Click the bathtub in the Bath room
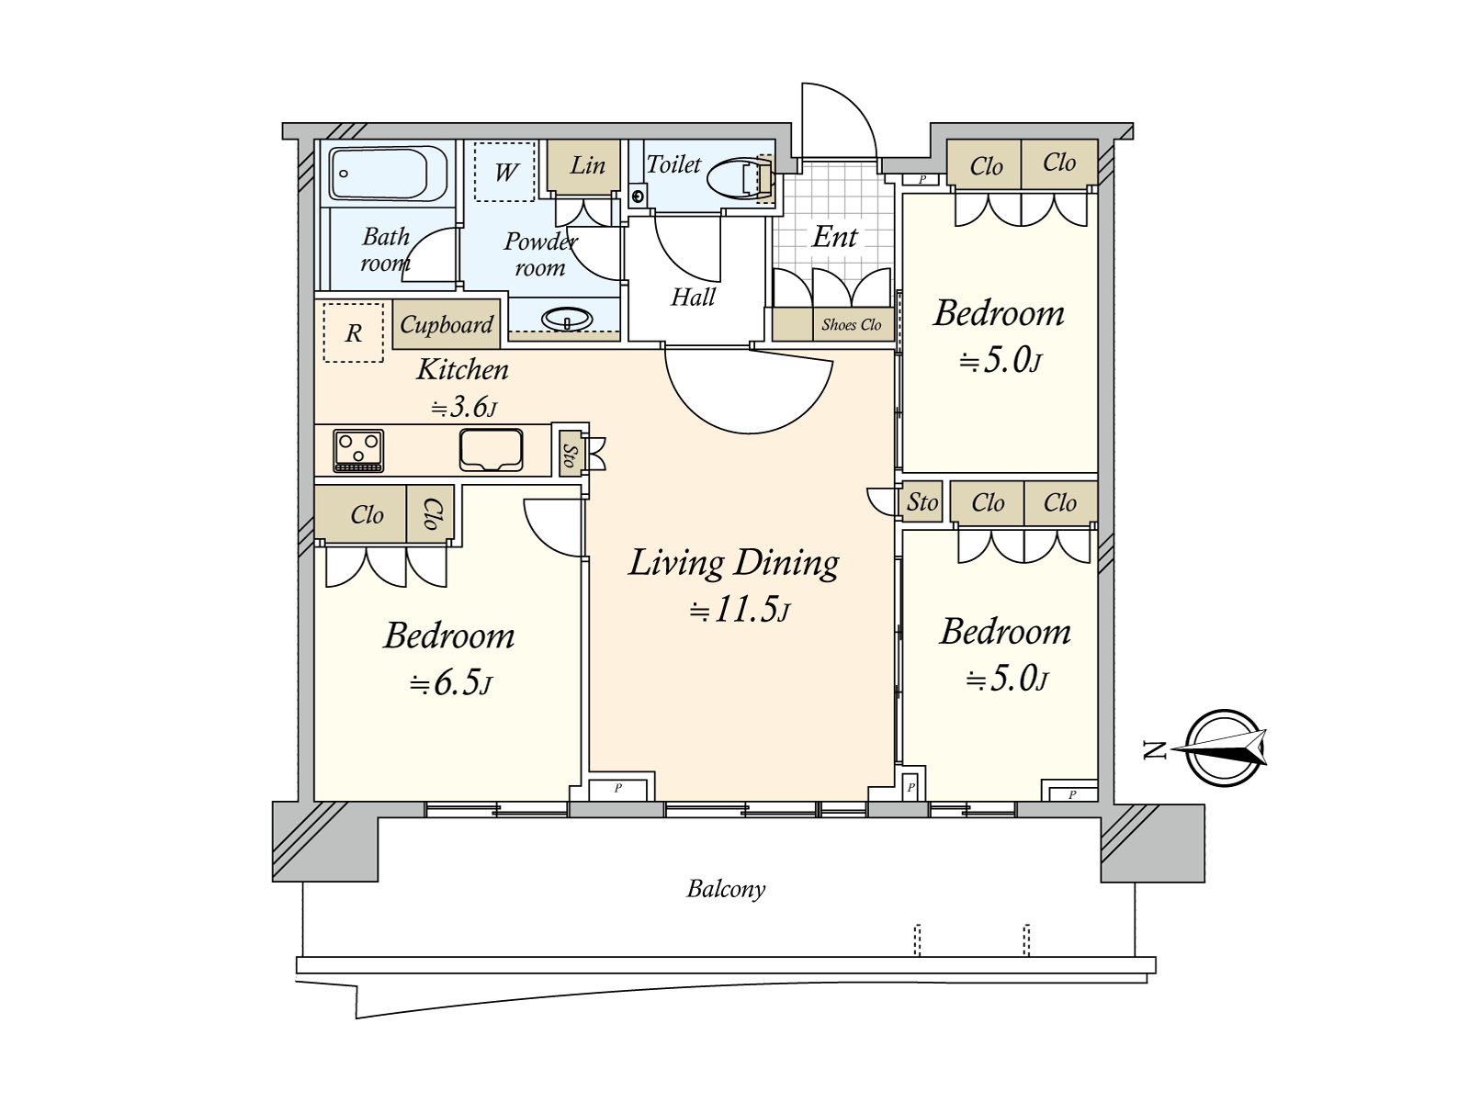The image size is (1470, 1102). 388,174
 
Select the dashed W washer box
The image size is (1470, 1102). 504,171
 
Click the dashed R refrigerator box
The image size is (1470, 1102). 353,332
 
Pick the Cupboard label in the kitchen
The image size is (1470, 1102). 447,324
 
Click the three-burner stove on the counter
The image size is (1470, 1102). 358,451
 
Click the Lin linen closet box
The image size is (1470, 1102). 586,165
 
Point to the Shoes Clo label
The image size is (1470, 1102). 851,324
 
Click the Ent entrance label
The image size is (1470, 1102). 834,237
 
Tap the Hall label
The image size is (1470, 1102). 693,297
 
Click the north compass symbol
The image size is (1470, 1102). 1224,748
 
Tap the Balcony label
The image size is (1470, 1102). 726,888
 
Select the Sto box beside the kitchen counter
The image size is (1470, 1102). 570,454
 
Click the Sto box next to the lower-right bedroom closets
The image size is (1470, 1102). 922,502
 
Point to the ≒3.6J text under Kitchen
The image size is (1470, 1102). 463,407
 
